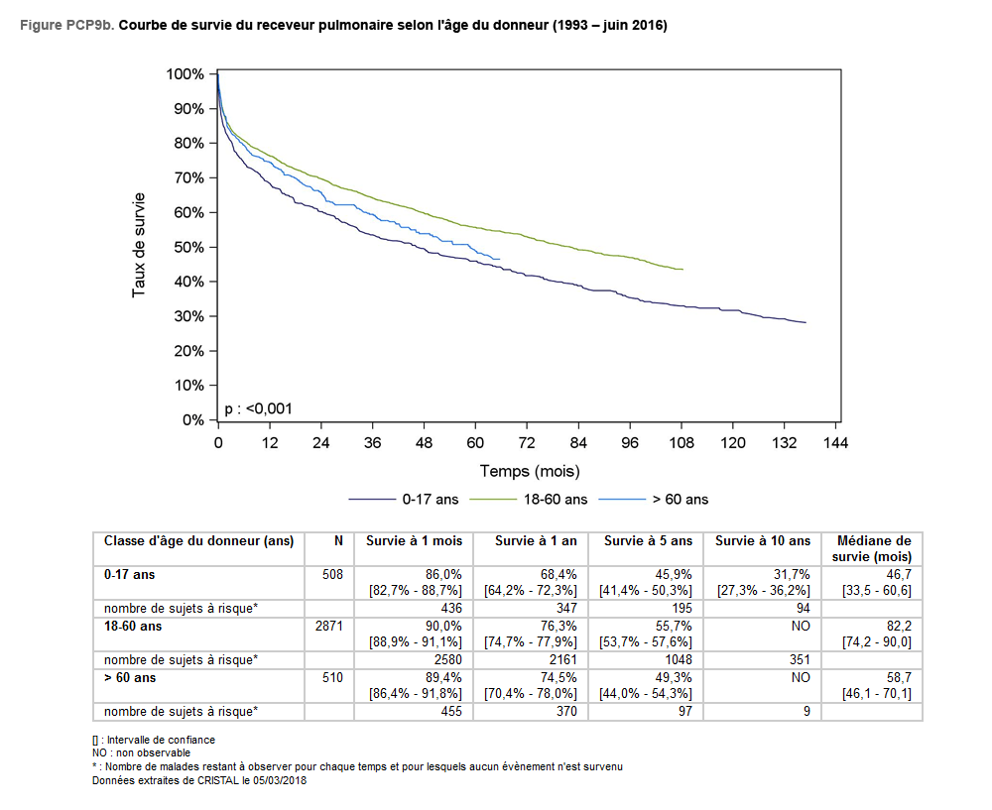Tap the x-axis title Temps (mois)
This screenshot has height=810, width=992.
(x=530, y=471)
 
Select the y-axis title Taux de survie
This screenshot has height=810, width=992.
(x=139, y=245)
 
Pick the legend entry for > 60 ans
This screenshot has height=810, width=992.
(x=654, y=500)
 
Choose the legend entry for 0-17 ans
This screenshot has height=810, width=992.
(x=404, y=500)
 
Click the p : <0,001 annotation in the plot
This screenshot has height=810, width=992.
(x=258, y=409)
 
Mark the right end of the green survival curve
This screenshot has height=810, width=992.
(x=682, y=270)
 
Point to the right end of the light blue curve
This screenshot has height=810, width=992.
(x=499, y=259)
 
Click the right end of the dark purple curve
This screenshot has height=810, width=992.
(x=806, y=322)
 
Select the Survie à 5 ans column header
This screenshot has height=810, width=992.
(x=648, y=541)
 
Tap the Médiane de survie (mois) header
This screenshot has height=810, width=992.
(x=872, y=549)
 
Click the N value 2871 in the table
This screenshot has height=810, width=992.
(x=329, y=626)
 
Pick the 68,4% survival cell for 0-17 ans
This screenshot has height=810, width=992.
(x=558, y=574)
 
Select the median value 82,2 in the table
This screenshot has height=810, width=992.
(x=899, y=626)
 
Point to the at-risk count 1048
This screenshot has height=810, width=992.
(x=678, y=660)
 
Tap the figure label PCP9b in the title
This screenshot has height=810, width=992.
(x=89, y=26)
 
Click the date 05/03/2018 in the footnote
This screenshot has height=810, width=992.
(x=280, y=780)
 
